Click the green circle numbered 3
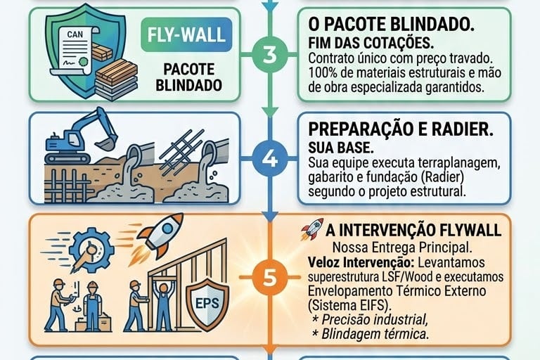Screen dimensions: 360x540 [269, 56]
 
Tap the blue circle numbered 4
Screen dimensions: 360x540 [269, 158]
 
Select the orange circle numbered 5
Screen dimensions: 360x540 [269, 277]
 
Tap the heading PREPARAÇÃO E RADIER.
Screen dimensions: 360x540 [401, 130]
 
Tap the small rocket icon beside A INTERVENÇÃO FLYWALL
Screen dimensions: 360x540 [311, 229]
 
